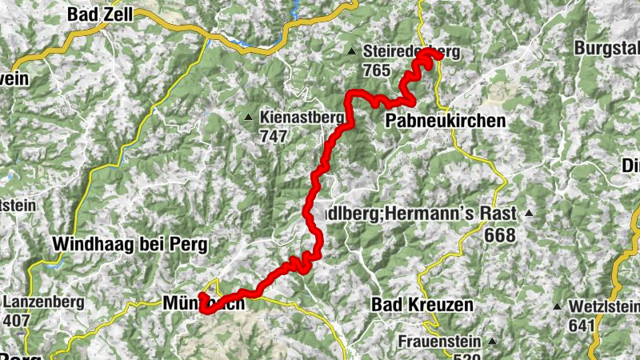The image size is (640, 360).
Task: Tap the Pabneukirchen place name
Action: [x=446, y=121]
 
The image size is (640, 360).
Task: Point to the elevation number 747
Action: [x=273, y=135]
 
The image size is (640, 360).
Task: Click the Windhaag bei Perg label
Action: [x=130, y=242]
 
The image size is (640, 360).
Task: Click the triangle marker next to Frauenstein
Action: [x=492, y=342]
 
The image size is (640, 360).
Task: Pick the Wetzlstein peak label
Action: [x=604, y=307]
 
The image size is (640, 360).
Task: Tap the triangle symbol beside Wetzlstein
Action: [x=557, y=307]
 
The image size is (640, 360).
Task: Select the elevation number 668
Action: [x=500, y=235]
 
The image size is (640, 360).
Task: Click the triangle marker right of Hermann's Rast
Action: [x=529, y=214]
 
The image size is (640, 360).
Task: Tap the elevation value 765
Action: [x=375, y=71]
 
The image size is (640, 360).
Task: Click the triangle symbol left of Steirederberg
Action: [x=351, y=52]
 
